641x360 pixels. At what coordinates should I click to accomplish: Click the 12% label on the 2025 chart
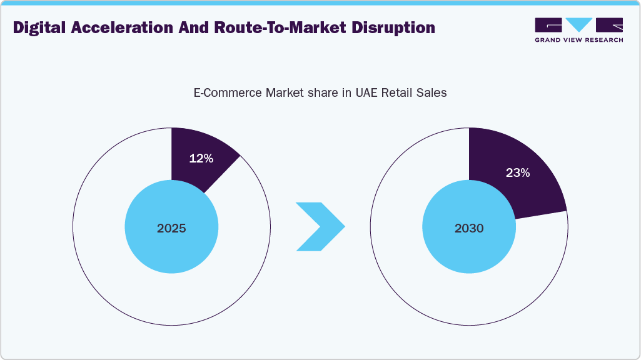coord(201,159)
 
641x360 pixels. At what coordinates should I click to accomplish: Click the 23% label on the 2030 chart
coord(518,173)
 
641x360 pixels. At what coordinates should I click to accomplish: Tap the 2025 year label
coord(171,229)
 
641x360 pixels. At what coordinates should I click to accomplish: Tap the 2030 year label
coord(469,229)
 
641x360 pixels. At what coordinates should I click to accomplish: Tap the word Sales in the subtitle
coord(432,93)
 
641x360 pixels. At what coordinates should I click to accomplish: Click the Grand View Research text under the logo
coord(578,40)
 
